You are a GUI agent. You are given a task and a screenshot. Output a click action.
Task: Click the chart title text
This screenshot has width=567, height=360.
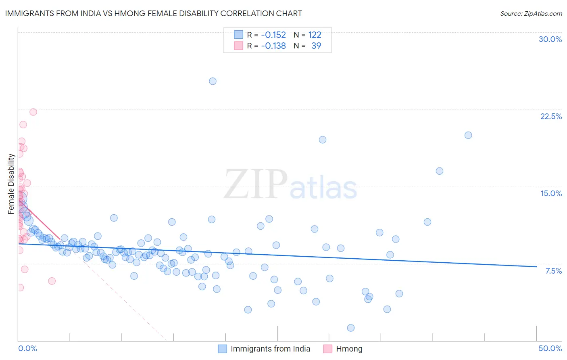[153, 13]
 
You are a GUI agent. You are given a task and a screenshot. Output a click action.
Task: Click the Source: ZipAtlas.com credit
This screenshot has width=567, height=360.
[531, 13]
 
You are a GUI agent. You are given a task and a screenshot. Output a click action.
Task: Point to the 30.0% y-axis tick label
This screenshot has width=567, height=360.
[550, 39]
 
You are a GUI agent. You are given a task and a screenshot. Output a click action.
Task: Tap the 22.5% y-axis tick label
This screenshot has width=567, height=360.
[551, 116]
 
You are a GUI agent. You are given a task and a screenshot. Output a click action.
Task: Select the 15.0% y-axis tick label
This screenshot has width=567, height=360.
[551, 193]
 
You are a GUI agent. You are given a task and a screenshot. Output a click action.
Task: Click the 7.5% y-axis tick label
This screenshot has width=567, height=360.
[553, 271]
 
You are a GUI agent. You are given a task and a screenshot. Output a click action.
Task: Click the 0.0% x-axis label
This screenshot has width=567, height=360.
[27, 348]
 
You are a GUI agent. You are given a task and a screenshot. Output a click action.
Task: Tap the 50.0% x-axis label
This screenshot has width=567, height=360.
[550, 348]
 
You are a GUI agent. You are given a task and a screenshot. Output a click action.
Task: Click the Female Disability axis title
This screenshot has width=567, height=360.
[11, 184]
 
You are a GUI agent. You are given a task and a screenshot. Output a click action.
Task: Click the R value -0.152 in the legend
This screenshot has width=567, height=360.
[273, 35]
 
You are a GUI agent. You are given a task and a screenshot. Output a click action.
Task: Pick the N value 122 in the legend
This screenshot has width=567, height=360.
[315, 35]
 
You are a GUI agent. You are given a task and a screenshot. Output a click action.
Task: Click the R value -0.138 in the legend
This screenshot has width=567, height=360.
[273, 46]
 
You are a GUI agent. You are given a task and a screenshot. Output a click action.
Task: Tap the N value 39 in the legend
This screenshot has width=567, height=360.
[316, 46]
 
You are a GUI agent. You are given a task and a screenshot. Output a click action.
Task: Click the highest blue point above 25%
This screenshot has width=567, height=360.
[213, 81]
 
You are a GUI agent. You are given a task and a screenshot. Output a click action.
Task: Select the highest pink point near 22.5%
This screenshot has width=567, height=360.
[33, 112]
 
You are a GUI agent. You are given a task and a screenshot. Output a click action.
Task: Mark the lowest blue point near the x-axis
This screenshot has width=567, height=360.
[351, 328]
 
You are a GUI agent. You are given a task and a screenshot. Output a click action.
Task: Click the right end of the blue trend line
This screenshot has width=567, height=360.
[536, 266]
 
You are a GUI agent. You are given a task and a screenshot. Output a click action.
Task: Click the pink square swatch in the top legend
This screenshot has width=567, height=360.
[239, 46]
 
